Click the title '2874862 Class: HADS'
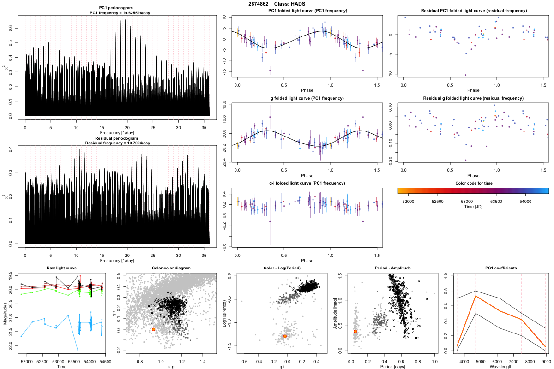277,4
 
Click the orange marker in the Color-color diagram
153,329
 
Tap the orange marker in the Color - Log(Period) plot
285,336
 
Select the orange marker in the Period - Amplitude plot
355,331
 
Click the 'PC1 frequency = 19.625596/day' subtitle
117,13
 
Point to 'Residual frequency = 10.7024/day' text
117,143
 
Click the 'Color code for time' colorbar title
473,183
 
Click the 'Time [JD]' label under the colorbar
473,208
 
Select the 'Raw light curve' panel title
62,268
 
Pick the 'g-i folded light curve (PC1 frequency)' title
307,183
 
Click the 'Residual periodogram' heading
117,138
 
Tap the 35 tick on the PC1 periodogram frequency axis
204,126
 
